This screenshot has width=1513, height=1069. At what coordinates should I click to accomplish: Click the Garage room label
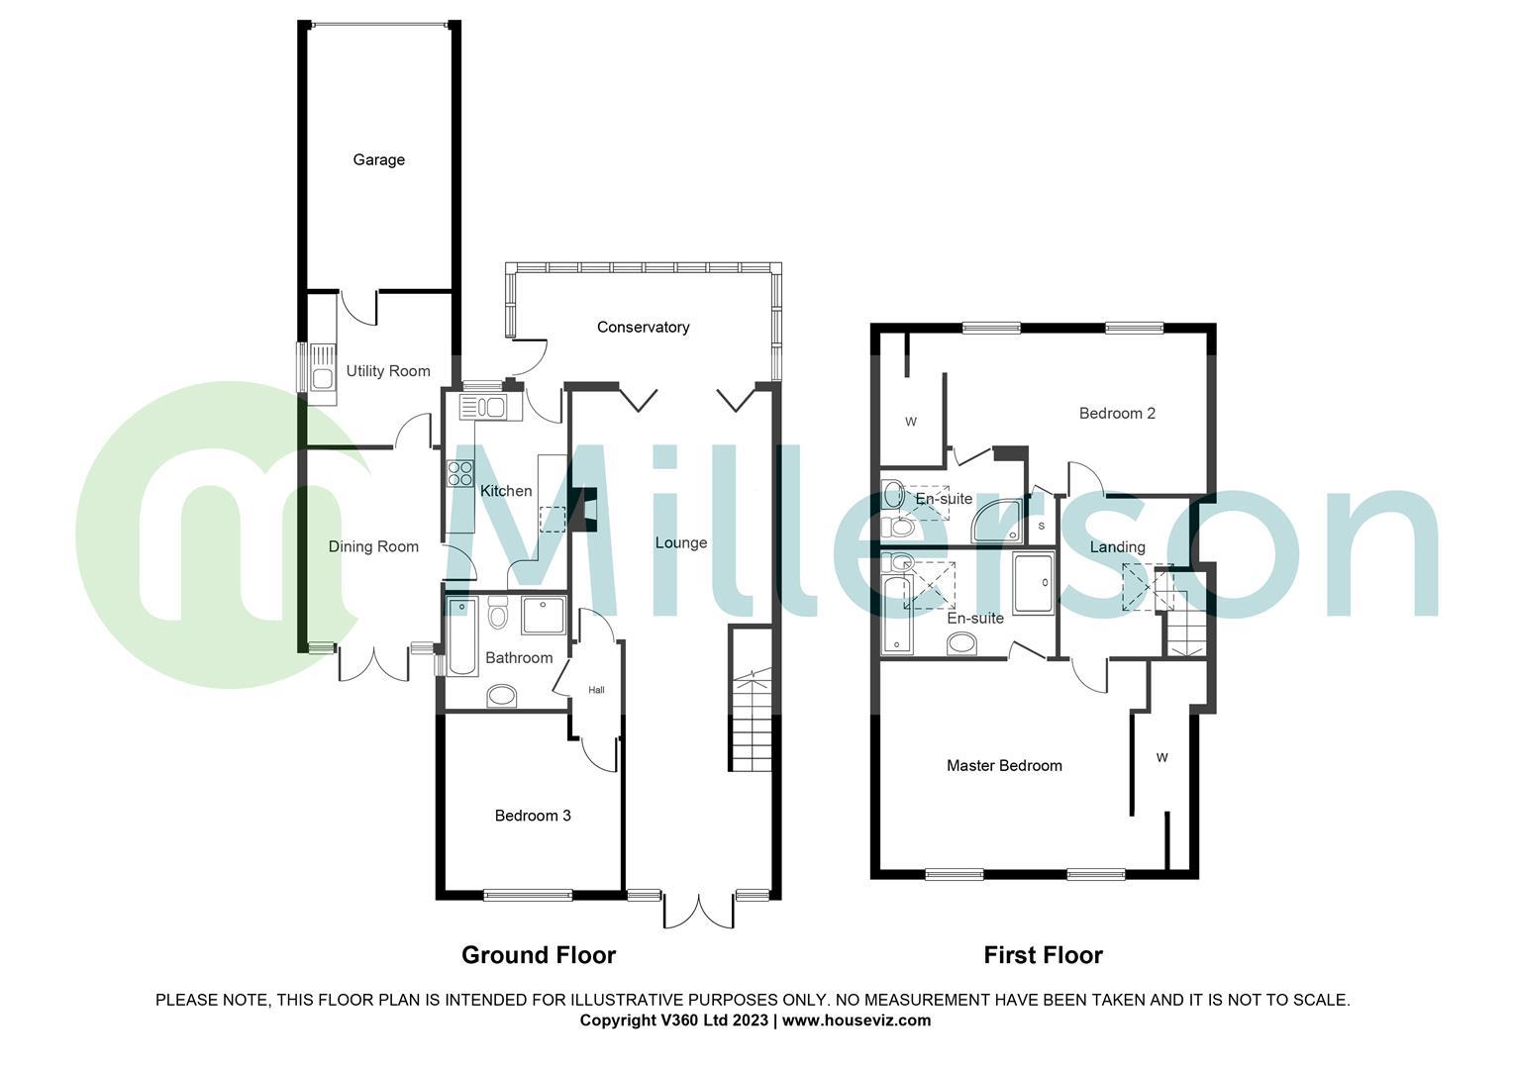click(x=378, y=159)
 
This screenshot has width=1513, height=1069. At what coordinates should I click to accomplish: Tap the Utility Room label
click(x=388, y=371)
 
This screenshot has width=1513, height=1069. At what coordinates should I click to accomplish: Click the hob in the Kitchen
click(x=460, y=474)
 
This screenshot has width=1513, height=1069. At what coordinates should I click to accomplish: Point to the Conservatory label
click(x=643, y=327)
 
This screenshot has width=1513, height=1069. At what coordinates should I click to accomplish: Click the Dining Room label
click(x=373, y=546)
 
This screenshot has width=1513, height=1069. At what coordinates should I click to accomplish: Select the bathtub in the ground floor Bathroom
click(x=461, y=636)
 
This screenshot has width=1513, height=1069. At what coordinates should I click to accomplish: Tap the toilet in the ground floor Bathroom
click(x=497, y=616)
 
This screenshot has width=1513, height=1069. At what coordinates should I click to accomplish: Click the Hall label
click(x=596, y=690)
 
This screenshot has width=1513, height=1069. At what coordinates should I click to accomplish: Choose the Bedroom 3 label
click(x=533, y=816)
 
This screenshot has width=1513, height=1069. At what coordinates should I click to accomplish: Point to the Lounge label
click(x=681, y=542)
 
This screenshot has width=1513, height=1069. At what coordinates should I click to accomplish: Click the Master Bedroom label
click(x=1004, y=765)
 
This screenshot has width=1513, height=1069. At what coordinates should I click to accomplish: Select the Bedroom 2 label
click(x=1117, y=413)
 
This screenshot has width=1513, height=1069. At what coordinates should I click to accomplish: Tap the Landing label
click(x=1117, y=546)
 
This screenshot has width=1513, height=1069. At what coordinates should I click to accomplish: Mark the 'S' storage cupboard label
click(x=1042, y=526)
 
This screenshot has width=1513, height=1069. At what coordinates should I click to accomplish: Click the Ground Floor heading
click(x=539, y=955)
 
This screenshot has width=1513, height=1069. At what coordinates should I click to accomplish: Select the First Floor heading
click(x=1043, y=955)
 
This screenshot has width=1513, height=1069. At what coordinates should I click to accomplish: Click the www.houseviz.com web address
click(x=857, y=1020)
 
